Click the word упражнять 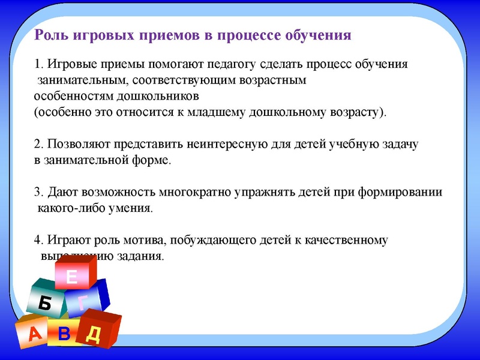tap(269, 193)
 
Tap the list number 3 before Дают tap(37, 193)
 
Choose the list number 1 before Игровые tap(37, 64)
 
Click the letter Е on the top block tap(73, 277)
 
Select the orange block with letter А tap(34, 334)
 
